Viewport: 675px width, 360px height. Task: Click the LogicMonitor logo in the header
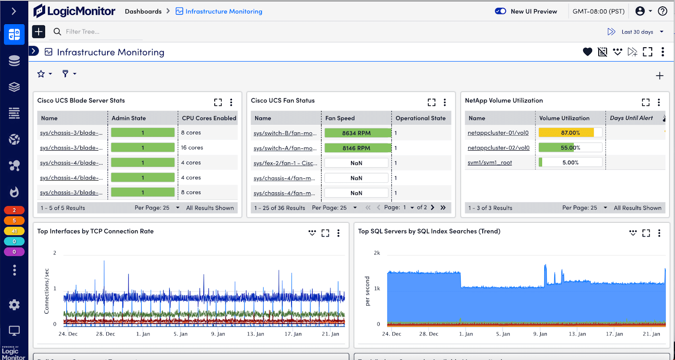(x=74, y=11)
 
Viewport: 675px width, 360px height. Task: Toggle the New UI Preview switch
(x=500, y=11)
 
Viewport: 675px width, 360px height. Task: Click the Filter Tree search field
(x=101, y=32)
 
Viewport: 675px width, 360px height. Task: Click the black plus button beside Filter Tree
(x=38, y=32)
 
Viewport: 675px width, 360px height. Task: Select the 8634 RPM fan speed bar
(x=356, y=133)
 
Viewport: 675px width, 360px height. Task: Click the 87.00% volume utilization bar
(x=570, y=133)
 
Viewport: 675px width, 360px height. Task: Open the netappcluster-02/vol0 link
(x=498, y=148)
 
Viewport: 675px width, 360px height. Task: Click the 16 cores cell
(x=192, y=148)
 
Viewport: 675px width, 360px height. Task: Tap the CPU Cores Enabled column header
(x=209, y=118)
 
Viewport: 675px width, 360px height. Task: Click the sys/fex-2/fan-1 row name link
(x=285, y=163)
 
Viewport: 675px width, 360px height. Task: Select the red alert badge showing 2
(x=14, y=210)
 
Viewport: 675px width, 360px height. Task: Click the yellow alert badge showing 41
(x=14, y=231)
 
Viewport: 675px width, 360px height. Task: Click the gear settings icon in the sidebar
(x=14, y=305)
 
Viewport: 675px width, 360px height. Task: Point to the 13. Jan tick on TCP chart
(x=255, y=334)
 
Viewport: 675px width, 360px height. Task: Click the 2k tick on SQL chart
(x=377, y=253)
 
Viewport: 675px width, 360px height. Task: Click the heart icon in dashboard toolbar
(x=587, y=52)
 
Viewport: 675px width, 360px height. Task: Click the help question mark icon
(x=663, y=11)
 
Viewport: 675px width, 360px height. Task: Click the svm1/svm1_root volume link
(x=489, y=162)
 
